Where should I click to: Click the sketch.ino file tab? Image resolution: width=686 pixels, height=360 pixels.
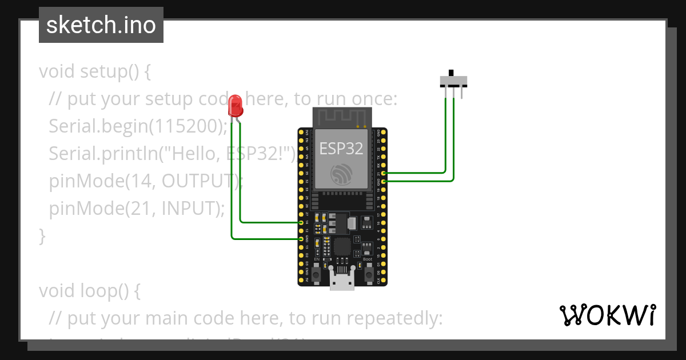101,25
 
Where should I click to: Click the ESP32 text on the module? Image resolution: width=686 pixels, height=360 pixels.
341,149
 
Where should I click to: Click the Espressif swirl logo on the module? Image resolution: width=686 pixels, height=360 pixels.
341,174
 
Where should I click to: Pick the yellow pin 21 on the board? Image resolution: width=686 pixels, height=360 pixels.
384,173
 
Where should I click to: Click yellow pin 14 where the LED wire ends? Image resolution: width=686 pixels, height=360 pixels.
301,222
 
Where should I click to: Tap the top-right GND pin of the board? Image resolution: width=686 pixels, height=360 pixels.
384,132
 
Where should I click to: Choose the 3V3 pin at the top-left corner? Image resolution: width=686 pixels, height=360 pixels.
301,132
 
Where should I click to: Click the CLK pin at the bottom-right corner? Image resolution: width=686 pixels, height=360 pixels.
384,281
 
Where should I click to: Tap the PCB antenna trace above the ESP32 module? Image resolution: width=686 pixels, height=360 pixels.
341,117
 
